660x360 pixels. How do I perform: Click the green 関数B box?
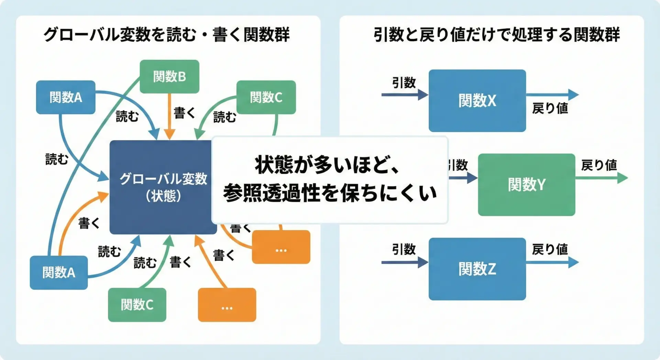pyautogui.click(x=169, y=76)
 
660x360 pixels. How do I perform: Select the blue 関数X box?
pyautogui.click(x=477, y=100)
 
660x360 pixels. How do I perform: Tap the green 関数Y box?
pyautogui.click(x=526, y=185)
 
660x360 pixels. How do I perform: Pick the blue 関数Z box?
pyautogui.click(x=477, y=269)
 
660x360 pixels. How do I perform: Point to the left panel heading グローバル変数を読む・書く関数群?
pyautogui.click(x=167, y=34)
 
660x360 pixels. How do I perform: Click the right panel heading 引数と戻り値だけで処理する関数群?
pyautogui.click(x=496, y=34)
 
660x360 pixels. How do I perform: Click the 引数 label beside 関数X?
pyautogui.click(x=404, y=83)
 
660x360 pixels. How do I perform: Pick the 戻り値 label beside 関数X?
pyautogui.click(x=550, y=108)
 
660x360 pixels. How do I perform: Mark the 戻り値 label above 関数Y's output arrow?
pyautogui.click(x=599, y=165)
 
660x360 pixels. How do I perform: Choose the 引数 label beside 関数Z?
pyautogui.click(x=404, y=249)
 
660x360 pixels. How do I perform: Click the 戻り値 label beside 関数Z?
pyautogui.click(x=550, y=249)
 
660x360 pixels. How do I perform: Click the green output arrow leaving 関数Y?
pyautogui.click(x=602, y=178)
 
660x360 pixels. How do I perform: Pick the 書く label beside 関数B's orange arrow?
pyautogui.click(x=184, y=113)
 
